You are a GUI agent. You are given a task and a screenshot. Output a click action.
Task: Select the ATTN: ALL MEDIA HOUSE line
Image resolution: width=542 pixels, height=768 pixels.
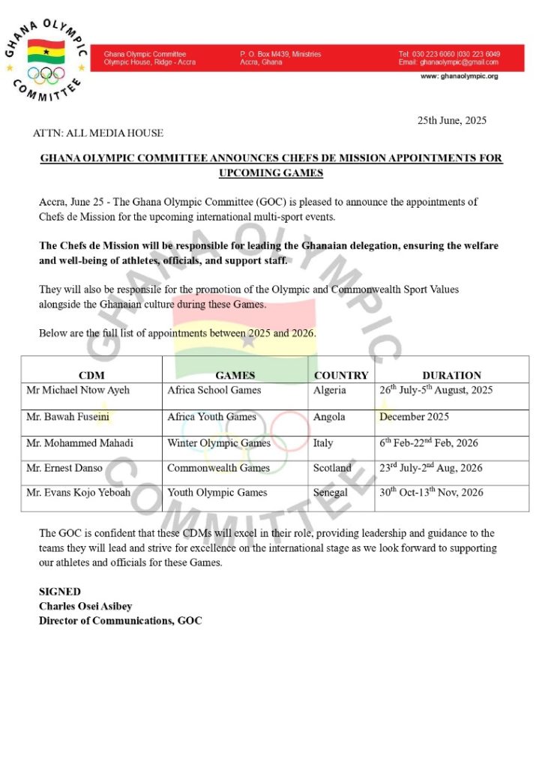[x=97, y=133]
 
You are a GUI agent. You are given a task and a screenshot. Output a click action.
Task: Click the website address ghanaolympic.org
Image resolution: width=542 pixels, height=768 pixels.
[x=459, y=76]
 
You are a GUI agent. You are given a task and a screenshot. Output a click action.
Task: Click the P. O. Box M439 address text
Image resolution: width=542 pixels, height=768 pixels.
[x=280, y=54]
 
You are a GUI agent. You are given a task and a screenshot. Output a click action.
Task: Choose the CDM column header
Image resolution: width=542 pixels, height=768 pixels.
[x=91, y=375]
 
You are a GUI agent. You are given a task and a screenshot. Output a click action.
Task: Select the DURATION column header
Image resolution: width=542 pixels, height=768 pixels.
[x=451, y=375]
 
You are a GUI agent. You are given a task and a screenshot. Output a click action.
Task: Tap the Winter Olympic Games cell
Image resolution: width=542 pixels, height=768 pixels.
[x=219, y=443]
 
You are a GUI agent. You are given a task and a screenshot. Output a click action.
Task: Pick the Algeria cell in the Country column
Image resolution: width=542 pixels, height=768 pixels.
[x=330, y=390]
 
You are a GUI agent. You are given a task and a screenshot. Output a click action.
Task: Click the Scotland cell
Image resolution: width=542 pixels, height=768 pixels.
[x=332, y=468]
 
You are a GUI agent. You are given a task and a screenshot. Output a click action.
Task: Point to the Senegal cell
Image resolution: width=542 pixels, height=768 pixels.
[x=331, y=493]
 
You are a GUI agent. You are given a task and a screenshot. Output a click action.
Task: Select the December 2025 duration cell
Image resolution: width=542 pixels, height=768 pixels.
[x=415, y=417]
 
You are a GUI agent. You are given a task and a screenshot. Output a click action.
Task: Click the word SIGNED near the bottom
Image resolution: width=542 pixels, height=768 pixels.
[x=60, y=592]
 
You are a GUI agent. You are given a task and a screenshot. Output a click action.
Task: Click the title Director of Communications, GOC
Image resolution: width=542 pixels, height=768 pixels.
[x=120, y=620]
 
